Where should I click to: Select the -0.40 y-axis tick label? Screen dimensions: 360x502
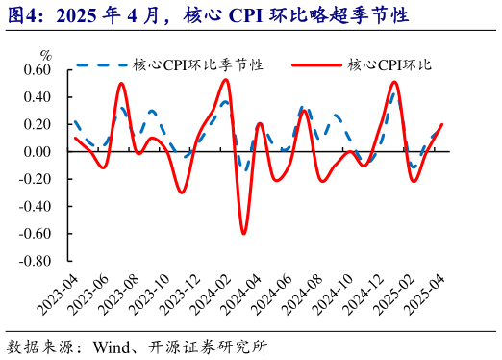[x=34, y=206]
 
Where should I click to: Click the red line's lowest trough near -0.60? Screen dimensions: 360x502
[x=243, y=233]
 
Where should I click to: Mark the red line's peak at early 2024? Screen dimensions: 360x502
[x=226, y=79]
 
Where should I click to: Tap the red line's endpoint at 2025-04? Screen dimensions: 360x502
[x=442, y=124]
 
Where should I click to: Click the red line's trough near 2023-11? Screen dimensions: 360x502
[x=181, y=193]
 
